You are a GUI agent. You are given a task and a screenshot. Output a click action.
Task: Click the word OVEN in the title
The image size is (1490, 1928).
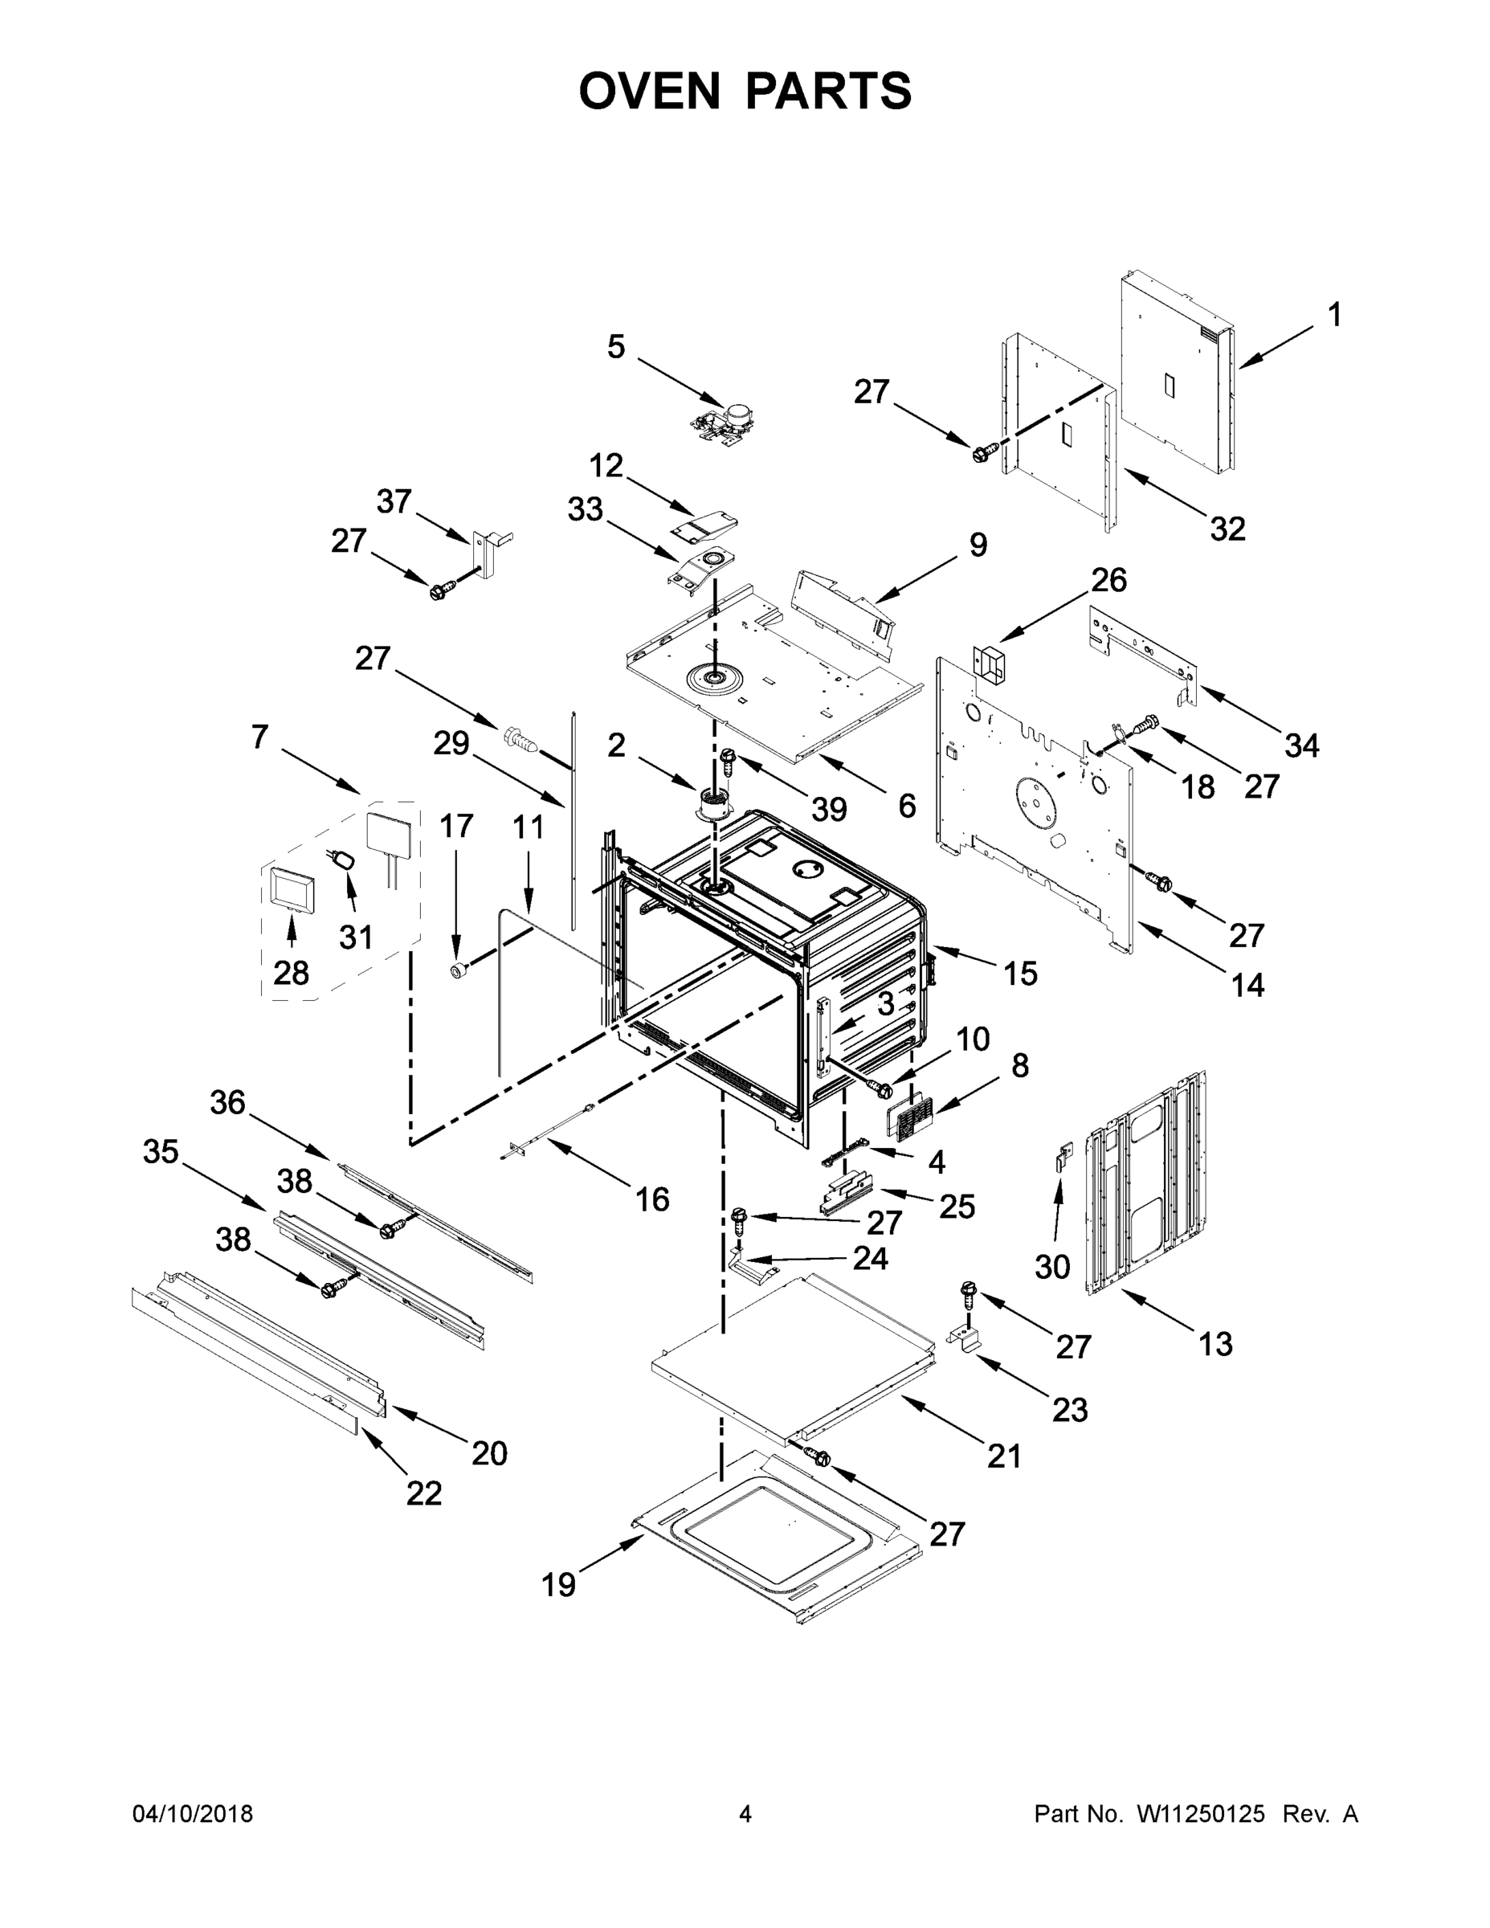coord(649,90)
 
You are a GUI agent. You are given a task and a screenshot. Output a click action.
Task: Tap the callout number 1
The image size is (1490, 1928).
coord(1335,315)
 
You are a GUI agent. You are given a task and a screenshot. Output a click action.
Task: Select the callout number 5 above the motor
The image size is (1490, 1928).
coord(616,347)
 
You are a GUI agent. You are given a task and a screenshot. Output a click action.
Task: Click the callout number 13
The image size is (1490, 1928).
coord(1215,1344)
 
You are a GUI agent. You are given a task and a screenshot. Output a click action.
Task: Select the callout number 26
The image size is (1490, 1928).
coord(1108,580)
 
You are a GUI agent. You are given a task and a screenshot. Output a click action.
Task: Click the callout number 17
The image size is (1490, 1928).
coord(456,827)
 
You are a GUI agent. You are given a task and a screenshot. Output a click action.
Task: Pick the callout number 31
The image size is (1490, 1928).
coord(356,937)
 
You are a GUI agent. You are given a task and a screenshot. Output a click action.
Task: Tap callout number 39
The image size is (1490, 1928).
coord(829,809)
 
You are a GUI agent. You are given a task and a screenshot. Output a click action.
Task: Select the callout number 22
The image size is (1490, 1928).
coord(423,1493)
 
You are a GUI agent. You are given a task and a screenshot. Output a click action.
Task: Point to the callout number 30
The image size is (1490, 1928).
coord(1052,1267)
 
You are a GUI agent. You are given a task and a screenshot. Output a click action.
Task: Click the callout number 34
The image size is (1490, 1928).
coord(1301,746)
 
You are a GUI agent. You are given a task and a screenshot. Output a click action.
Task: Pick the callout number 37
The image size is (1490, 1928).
coord(394,501)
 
